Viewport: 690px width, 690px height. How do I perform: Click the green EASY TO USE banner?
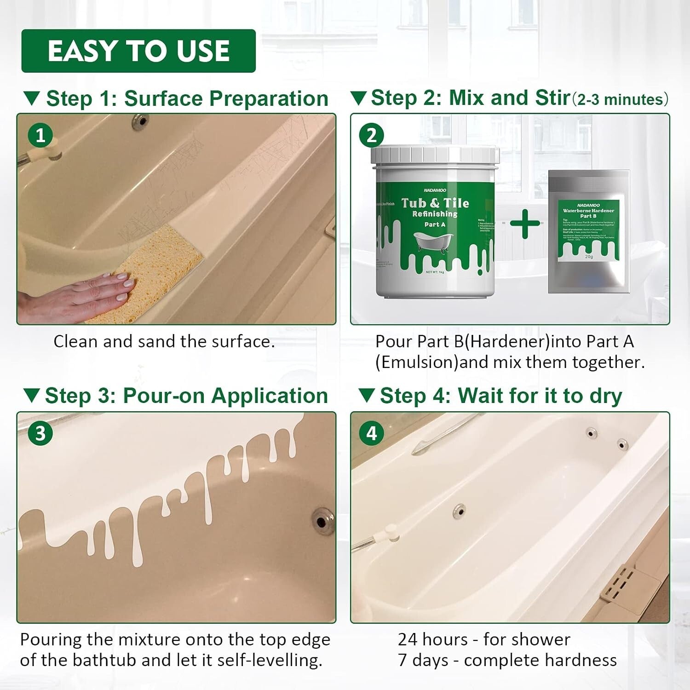pyautogui.click(x=138, y=51)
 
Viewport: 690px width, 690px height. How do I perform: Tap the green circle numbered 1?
pyautogui.click(x=40, y=135)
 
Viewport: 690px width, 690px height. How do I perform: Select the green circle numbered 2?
pyautogui.click(x=372, y=135)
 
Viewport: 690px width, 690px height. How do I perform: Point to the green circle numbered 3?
pyautogui.click(x=40, y=433)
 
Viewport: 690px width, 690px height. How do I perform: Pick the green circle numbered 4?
pyautogui.click(x=372, y=433)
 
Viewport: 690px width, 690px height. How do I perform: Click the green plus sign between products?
pyautogui.click(x=525, y=224)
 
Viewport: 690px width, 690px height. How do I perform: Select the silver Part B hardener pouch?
pyautogui.click(x=589, y=232)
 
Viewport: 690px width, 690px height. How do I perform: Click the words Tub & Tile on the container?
pyautogui.click(x=435, y=203)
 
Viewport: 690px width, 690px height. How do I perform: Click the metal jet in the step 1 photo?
pyautogui.click(x=140, y=121)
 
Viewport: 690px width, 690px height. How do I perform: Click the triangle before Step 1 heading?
pyautogui.click(x=32, y=98)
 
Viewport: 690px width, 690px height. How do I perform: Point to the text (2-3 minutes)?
pyautogui.click(x=620, y=99)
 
